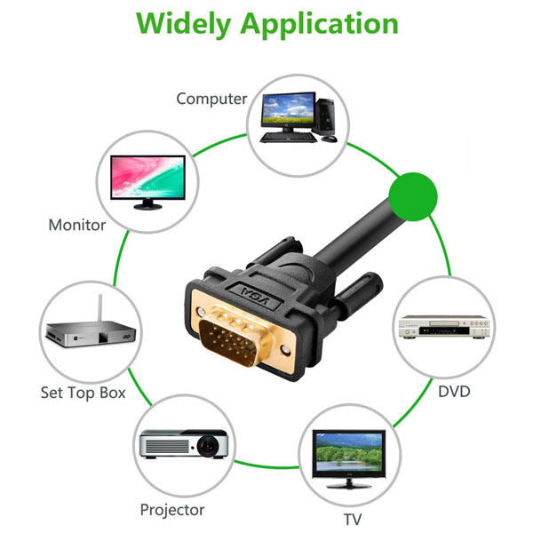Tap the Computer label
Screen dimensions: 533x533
click(x=211, y=99)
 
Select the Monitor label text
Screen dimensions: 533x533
click(x=77, y=225)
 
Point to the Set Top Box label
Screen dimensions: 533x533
click(x=84, y=392)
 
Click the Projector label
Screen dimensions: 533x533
click(x=172, y=509)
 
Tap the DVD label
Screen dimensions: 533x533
click(x=453, y=391)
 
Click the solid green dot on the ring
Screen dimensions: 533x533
click(x=414, y=196)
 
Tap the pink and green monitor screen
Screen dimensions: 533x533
click(x=147, y=175)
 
